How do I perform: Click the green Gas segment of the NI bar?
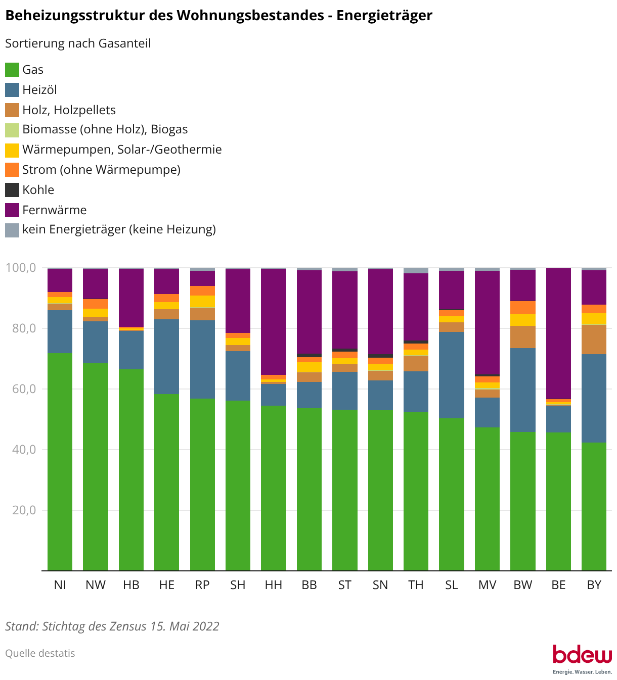(x=60, y=462)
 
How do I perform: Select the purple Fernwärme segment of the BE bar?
(x=558, y=333)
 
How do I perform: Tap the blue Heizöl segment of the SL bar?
(x=452, y=375)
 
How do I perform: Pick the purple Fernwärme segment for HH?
(x=274, y=321)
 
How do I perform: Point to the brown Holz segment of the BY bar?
(x=594, y=339)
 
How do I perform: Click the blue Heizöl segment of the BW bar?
(x=523, y=390)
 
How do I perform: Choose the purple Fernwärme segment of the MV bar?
(x=487, y=323)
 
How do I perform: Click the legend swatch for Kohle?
(x=12, y=190)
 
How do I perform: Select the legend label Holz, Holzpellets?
(x=69, y=110)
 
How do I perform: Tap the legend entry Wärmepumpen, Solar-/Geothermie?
(x=122, y=150)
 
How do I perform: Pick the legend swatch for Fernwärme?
(x=12, y=210)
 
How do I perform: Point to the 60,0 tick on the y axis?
(x=21, y=389)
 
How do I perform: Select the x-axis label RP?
(x=202, y=585)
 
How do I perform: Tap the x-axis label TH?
(x=416, y=585)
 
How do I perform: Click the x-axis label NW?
(x=96, y=585)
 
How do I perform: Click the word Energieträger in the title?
(x=384, y=16)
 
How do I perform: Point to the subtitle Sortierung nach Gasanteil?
(x=78, y=43)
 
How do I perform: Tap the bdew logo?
(x=582, y=657)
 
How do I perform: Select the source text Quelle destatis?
(x=40, y=653)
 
